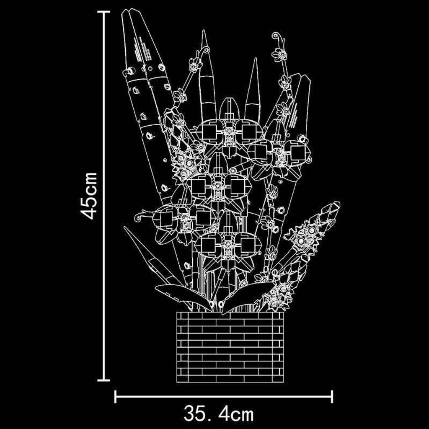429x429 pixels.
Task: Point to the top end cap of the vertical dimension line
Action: coord(103,12)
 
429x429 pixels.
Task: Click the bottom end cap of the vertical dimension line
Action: coord(103,380)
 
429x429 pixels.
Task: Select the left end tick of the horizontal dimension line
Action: coord(115,396)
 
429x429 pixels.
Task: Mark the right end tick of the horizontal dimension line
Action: coord(332,396)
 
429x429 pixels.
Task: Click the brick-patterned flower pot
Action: coord(230,347)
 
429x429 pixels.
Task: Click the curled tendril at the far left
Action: coord(141,217)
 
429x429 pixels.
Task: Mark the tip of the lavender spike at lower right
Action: coord(337,204)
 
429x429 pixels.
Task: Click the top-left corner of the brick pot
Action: coord(177,312)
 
